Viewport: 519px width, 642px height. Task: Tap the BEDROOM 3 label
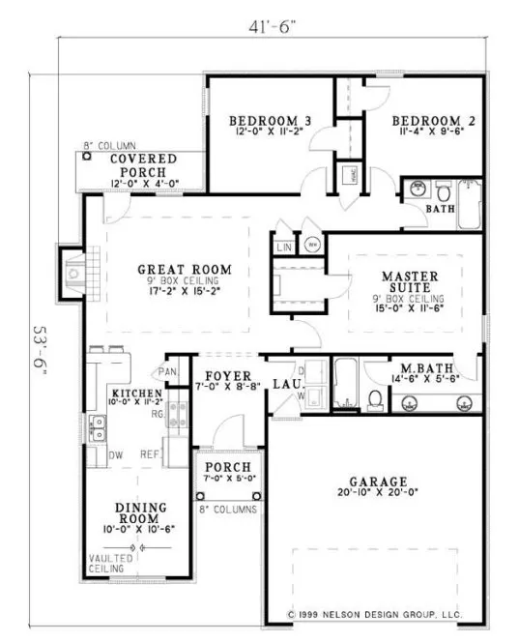point(270,121)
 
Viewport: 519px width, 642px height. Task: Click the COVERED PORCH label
point(142,164)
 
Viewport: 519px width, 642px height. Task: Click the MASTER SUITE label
point(411,281)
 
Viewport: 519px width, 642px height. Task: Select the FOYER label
point(229,375)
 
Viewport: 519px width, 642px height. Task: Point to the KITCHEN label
point(134,394)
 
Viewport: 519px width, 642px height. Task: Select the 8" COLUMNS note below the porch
point(228,509)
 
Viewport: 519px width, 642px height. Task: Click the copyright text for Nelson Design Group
point(375,614)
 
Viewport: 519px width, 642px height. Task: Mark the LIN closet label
point(283,248)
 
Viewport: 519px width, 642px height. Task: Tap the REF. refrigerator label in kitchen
point(151,452)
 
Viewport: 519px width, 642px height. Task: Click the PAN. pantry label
point(167,370)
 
